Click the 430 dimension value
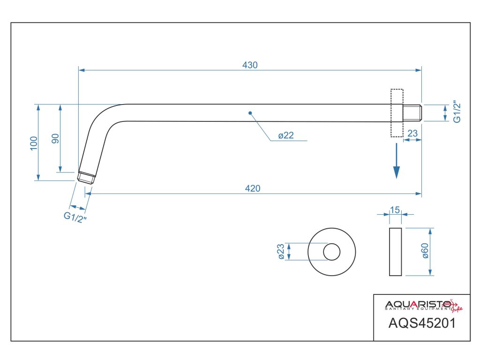[250, 65]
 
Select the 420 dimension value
[252, 188]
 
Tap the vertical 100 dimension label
[33, 143]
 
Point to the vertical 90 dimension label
[55, 139]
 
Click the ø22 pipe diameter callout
[285, 135]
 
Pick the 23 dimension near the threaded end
[412, 134]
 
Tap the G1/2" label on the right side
[458, 112]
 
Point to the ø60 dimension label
[425, 252]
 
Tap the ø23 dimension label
[281, 252]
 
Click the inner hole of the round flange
[331, 252]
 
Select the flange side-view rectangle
[395, 252]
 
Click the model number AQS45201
[422, 323]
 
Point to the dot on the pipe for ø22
[250, 113]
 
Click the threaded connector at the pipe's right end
[412, 113]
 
